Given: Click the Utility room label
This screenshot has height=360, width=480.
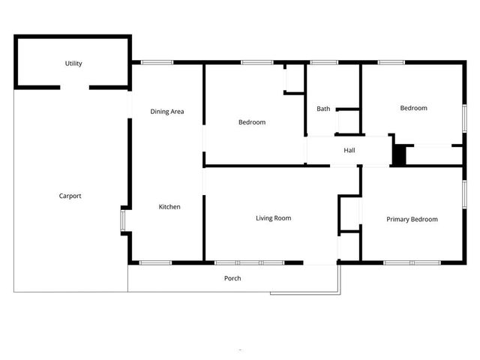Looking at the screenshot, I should (73, 64).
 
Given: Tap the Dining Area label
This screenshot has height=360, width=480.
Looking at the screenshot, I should (167, 112).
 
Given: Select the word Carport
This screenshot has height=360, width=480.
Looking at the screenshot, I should (70, 196).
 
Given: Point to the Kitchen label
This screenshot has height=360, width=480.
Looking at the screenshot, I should (169, 207).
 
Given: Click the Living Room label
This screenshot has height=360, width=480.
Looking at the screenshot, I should (273, 218).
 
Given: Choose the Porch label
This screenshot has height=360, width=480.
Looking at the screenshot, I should (232, 278).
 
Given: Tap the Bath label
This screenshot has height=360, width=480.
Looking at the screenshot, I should (323, 109).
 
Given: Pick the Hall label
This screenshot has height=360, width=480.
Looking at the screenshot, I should (349, 151).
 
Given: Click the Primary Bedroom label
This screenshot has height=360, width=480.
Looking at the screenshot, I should (412, 219).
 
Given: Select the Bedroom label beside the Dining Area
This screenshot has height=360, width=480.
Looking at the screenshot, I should (252, 122).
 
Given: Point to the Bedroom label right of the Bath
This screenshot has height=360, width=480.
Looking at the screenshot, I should (413, 108).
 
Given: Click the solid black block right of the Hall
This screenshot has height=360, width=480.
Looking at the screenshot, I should (399, 155).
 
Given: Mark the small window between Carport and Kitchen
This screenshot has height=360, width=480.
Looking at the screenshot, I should (124, 220).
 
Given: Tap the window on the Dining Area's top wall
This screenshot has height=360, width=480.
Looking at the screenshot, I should (157, 62).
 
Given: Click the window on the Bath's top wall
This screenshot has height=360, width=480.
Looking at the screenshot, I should (324, 62).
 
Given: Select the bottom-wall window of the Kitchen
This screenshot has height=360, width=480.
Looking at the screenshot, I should (156, 262).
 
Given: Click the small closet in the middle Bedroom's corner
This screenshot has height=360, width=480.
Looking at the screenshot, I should (293, 79).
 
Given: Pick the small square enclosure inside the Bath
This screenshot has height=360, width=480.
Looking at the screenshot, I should (348, 121).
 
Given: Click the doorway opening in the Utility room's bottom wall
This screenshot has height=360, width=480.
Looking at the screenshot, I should (75, 88).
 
